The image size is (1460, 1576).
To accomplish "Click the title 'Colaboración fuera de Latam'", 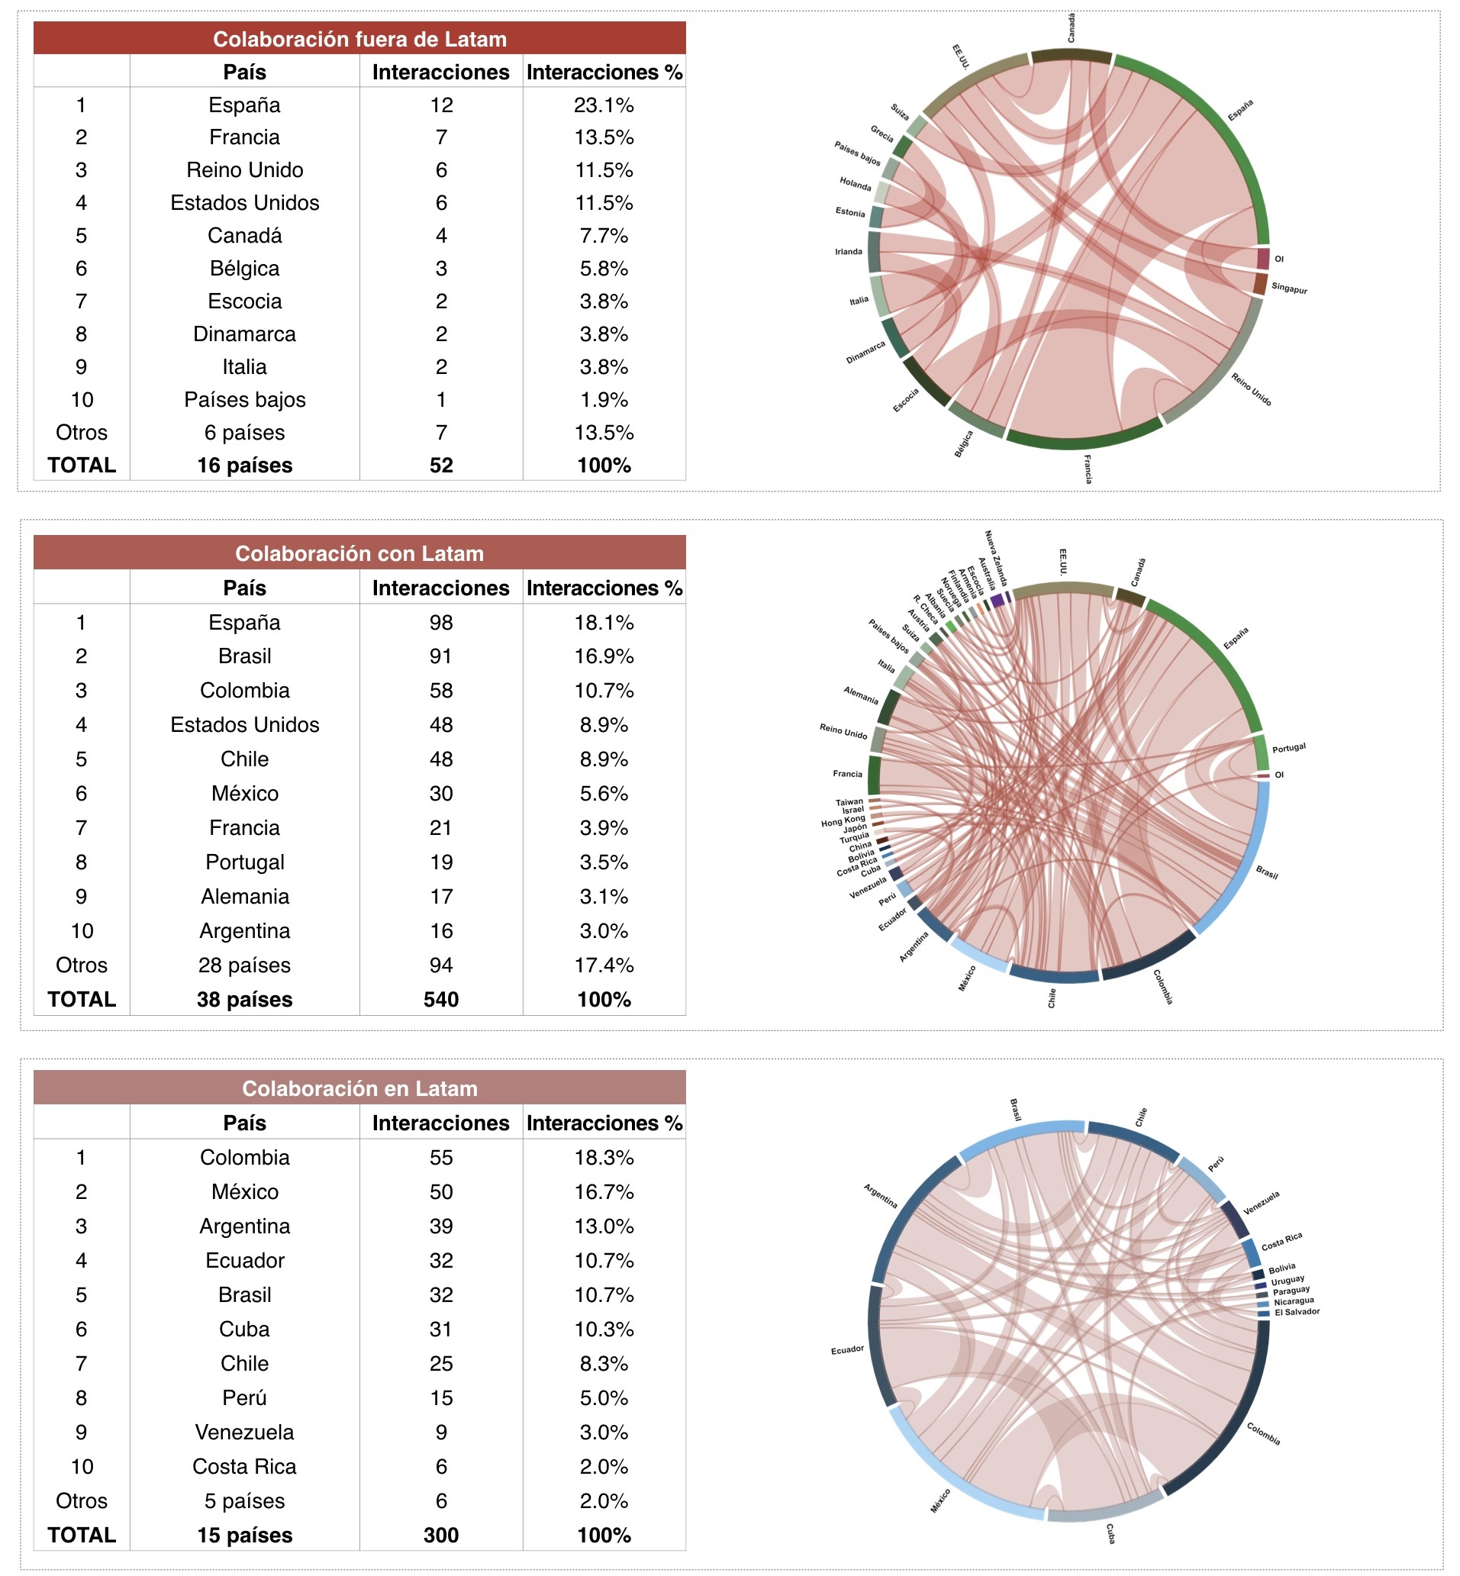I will (x=359, y=39).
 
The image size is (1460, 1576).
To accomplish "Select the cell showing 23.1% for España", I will (x=604, y=105).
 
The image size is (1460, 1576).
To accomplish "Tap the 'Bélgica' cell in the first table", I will (x=244, y=269).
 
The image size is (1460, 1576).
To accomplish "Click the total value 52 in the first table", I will (x=441, y=466).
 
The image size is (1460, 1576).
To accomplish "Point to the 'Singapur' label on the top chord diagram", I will (x=1288, y=288).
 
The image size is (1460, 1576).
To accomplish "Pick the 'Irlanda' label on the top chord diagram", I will (x=849, y=252).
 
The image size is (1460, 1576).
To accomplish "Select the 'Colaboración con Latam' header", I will (x=359, y=554).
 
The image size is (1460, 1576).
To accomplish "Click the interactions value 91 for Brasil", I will (x=441, y=656).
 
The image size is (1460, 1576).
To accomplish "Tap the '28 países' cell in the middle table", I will (x=244, y=965).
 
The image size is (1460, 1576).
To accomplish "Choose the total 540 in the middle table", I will (x=441, y=999).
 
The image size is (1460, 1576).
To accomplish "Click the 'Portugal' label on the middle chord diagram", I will (x=1288, y=748).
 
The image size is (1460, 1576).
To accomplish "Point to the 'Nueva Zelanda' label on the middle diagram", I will (x=995, y=557).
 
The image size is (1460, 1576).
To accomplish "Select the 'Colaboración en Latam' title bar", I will (x=359, y=1088).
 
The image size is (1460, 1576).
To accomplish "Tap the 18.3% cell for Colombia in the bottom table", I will (x=604, y=1157).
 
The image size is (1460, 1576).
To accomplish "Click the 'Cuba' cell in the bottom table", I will (x=244, y=1329).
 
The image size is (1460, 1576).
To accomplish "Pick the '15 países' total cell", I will (x=244, y=1535).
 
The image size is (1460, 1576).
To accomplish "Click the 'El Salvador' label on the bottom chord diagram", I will (x=1297, y=1312).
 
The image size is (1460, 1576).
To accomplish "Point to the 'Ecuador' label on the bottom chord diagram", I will (x=847, y=1350).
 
